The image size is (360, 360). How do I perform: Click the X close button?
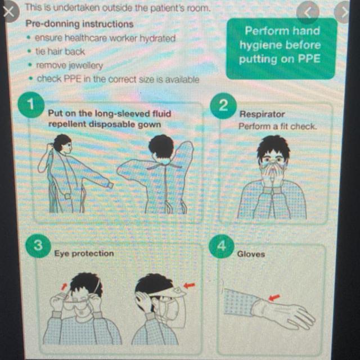click(9, 11)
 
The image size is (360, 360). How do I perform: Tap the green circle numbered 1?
click(31, 105)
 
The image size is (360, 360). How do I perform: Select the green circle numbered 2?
click(223, 106)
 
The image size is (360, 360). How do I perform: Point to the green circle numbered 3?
click(38, 246)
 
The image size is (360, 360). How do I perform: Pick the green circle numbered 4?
click(221, 246)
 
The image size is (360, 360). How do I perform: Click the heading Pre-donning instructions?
click(79, 24)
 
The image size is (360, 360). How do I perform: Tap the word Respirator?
click(262, 114)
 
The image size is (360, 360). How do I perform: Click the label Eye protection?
click(84, 254)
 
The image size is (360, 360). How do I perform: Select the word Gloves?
click(251, 254)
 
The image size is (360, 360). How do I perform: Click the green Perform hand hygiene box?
click(281, 49)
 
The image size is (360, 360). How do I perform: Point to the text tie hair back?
click(60, 52)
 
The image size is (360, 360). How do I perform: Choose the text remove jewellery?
click(70, 66)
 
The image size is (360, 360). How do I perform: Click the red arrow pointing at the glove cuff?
click(274, 298)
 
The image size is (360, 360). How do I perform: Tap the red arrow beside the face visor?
click(189, 285)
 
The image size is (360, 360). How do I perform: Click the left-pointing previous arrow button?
click(308, 13)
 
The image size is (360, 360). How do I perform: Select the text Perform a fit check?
click(277, 126)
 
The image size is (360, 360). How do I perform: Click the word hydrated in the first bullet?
click(157, 38)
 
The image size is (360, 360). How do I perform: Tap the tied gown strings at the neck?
click(164, 166)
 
